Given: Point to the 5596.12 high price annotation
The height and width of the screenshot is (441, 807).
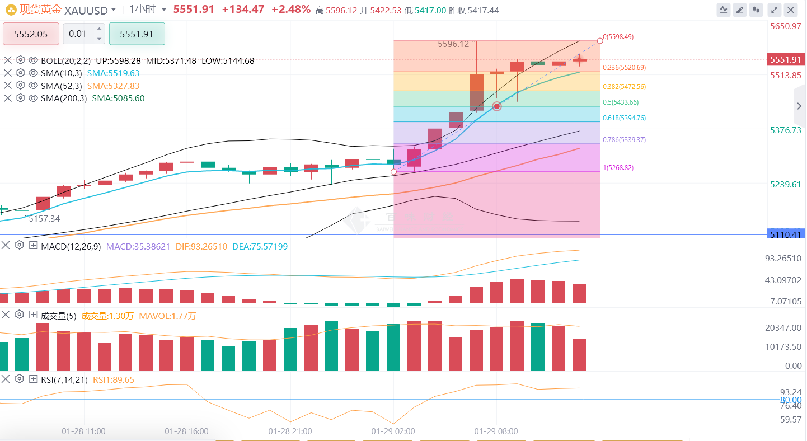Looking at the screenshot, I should [453, 44].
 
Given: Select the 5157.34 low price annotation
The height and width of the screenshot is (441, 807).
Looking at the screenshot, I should [44, 219].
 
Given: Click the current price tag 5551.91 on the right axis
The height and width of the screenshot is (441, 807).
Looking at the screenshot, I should [786, 60].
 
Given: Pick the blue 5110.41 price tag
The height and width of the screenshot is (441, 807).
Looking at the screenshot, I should [786, 234].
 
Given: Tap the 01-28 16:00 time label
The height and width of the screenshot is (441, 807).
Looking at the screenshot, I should [186, 431].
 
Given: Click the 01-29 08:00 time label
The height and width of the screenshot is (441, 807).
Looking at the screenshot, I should [496, 431].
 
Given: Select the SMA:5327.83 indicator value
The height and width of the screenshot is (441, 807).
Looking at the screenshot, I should [113, 86].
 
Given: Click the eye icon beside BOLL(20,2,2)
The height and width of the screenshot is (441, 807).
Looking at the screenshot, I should [33, 60].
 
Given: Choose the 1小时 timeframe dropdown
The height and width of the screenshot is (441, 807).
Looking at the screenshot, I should [148, 10].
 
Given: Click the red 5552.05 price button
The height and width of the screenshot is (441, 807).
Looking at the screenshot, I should [31, 34].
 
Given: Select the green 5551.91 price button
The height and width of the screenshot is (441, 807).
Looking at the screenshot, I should [137, 34].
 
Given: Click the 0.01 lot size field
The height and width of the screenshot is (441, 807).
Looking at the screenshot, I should [78, 34].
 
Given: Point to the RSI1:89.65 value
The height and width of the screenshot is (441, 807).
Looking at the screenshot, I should [114, 379].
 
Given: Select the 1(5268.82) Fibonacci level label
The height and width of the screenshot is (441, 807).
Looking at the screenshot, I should [618, 168].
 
